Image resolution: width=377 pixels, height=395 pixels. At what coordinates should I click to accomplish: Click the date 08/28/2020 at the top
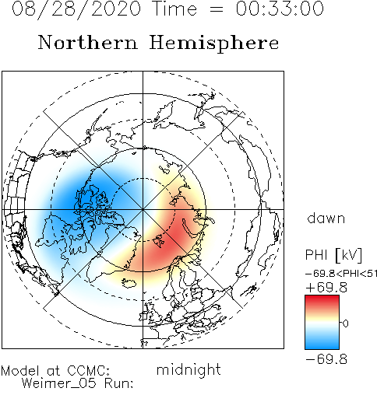tap(76, 9)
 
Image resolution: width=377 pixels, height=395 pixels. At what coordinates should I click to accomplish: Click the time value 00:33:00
tap(280, 9)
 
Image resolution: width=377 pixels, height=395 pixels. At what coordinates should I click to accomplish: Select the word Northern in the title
tap(88, 42)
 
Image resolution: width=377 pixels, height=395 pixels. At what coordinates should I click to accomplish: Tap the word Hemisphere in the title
tap(214, 44)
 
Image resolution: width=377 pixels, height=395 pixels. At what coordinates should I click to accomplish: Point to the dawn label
tap(326, 218)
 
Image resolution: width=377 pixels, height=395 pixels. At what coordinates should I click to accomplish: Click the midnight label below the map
tap(188, 369)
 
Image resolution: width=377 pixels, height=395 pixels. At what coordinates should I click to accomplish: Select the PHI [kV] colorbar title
tap(333, 255)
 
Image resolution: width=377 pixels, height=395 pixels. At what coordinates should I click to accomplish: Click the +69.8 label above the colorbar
tap(326, 288)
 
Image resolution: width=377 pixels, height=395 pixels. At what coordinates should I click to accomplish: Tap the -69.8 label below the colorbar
tap(326, 359)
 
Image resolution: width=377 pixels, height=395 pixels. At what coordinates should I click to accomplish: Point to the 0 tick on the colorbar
tap(345, 323)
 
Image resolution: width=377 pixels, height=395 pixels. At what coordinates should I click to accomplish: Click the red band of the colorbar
tap(322, 302)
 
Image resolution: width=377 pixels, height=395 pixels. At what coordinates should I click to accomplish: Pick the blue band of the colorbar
tap(322, 341)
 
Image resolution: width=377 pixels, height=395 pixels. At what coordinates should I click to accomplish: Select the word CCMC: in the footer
tap(89, 370)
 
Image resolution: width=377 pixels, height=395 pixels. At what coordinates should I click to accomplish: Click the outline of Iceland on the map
tap(129, 283)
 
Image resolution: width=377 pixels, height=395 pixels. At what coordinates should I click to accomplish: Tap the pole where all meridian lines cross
tap(143, 209)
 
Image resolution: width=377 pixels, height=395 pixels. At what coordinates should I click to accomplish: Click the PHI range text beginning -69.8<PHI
tap(341, 274)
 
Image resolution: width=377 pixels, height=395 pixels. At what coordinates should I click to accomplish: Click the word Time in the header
tap(175, 9)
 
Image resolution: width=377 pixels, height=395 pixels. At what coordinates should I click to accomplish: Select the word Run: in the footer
tap(118, 383)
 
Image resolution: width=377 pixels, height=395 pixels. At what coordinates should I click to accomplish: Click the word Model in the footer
tap(20, 370)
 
